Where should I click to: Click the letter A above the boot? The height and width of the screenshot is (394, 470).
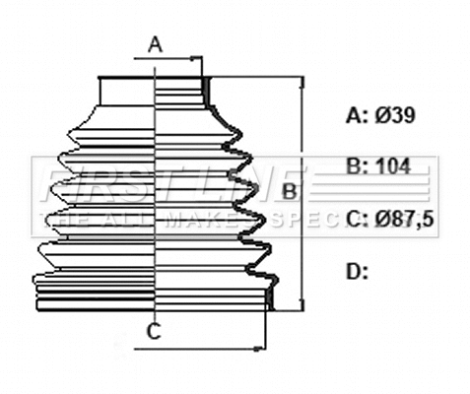155,43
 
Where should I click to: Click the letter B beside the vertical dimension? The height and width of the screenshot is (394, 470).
290,190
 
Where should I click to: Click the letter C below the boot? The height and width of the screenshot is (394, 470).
153,331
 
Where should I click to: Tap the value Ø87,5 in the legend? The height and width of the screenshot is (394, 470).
403,218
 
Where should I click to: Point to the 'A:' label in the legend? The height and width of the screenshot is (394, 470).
357,116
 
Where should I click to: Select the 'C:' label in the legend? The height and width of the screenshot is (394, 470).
357,218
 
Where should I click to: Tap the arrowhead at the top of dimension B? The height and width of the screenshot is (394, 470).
302,82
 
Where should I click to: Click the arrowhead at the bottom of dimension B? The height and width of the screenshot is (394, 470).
302,305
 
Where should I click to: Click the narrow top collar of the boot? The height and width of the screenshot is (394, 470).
153,89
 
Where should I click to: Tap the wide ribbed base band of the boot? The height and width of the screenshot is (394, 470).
153,295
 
